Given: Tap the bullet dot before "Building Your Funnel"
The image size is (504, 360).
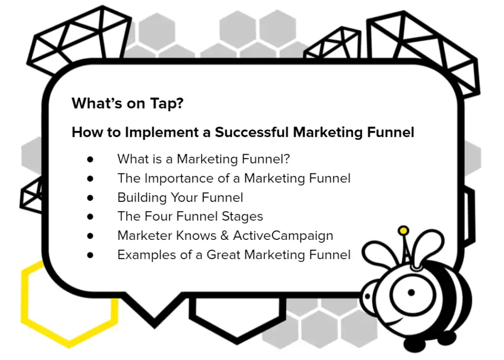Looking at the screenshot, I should coord(90,197).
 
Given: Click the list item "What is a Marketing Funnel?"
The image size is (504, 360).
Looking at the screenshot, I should coord(203,159).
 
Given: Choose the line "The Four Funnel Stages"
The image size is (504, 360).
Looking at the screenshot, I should coord(190,216).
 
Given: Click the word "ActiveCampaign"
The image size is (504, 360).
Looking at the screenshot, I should coord(283,235).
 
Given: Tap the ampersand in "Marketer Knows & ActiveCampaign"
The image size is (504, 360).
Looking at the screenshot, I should coord(224,235).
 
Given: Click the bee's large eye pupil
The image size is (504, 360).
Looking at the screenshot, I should coord(411,293).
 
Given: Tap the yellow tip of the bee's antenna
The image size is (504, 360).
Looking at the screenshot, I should coord(404,230).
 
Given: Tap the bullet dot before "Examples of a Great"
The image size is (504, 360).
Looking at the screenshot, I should coord(90,255).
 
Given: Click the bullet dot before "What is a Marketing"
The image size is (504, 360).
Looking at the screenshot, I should coord(90,159).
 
